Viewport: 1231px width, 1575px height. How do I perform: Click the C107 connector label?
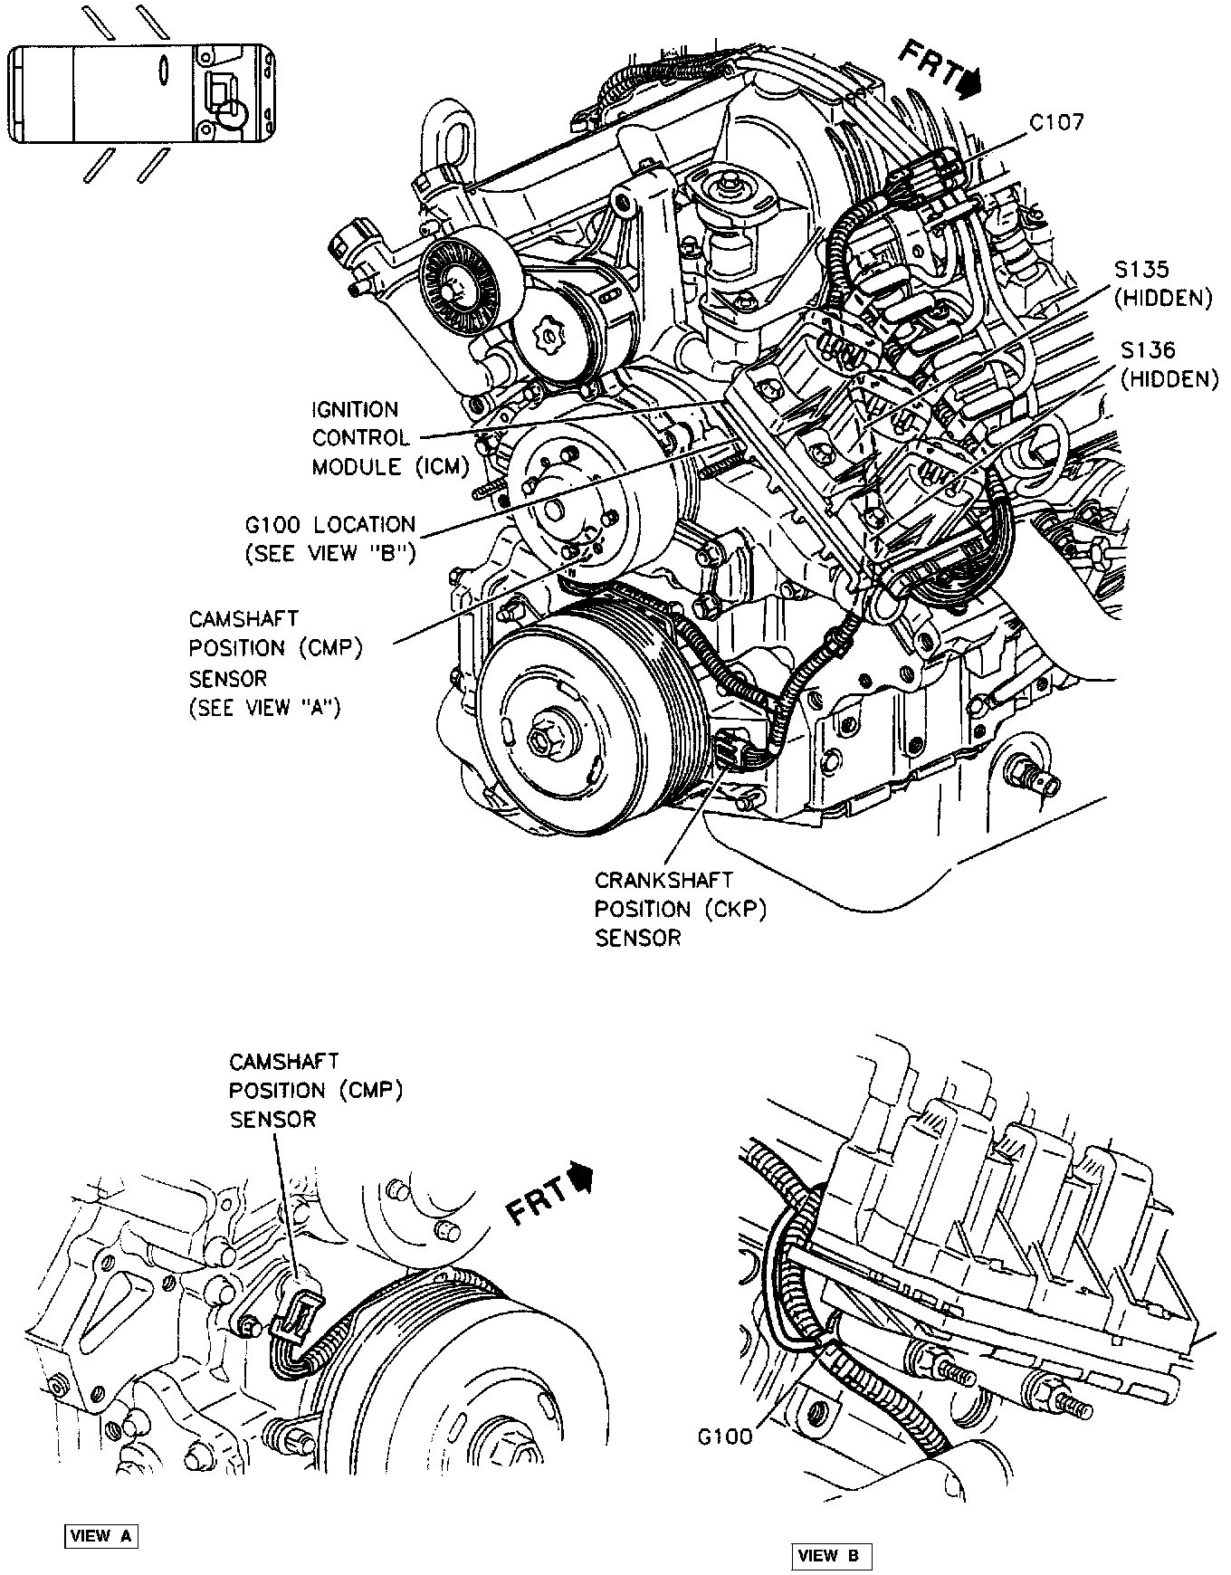pyautogui.click(x=1056, y=122)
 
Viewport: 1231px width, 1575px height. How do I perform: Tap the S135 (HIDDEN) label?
pyautogui.click(x=1165, y=283)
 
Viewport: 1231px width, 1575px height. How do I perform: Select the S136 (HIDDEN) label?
pyautogui.click(x=1168, y=364)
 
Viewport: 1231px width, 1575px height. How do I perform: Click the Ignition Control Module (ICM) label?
pyautogui.click(x=390, y=438)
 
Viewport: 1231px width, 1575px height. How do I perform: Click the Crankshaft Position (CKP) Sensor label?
pyautogui.click(x=680, y=909)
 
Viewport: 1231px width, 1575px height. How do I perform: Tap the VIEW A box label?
pyautogui.click(x=100, y=1511)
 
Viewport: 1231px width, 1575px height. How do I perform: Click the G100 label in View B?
pyautogui.click(x=725, y=1437)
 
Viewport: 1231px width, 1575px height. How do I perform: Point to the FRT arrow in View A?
pyautogui.click(x=548, y=1195)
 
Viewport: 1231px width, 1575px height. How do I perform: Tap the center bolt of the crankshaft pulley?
pyautogui.click(x=542, y=740)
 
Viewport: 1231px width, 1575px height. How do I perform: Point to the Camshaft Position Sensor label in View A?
pyautogui.click(x=314, y=1090)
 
